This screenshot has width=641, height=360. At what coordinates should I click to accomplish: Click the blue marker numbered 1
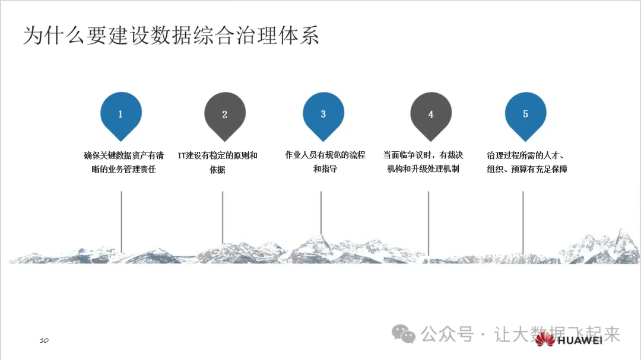(121, 114)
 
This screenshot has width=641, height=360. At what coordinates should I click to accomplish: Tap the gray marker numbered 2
(224, 114)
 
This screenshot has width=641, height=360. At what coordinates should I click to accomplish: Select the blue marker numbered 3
(323, 114)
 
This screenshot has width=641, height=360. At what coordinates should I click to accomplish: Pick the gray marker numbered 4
(431, 114)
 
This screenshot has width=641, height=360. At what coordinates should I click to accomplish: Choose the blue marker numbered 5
(525, 114)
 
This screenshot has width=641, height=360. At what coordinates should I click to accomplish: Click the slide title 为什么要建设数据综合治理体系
(171, 35)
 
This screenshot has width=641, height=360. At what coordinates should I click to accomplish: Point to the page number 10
(44, 340)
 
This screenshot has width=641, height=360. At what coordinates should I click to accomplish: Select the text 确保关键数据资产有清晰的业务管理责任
(123, 163)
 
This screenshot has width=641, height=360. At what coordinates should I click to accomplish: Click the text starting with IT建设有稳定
(218, 163)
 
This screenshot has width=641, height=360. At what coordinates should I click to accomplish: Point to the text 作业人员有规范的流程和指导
(325, 163)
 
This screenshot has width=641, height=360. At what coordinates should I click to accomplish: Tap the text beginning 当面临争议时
(423, 163)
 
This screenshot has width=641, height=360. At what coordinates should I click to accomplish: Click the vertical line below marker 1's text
(121, 219)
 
